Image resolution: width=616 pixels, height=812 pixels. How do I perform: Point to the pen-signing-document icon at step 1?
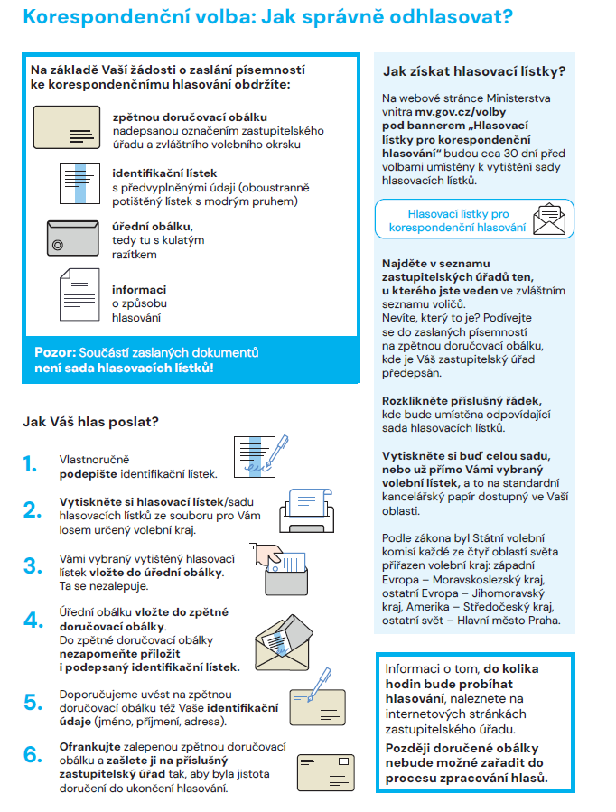pyautogui.click(x=260, y=454)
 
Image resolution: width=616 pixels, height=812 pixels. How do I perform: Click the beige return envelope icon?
pyautogui.click(x=69, y=129)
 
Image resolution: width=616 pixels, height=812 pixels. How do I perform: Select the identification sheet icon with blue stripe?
pyautogui.click(x=79, y=189)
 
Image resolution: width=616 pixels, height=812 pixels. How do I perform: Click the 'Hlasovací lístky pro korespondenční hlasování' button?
pyautogui.click(x=458, y=220)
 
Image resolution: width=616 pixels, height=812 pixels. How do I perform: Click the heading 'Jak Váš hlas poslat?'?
pyautogui.click(x=90, y=421)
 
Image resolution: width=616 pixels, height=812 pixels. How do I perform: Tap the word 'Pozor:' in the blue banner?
pyautogui.click(x=55, y=352)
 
